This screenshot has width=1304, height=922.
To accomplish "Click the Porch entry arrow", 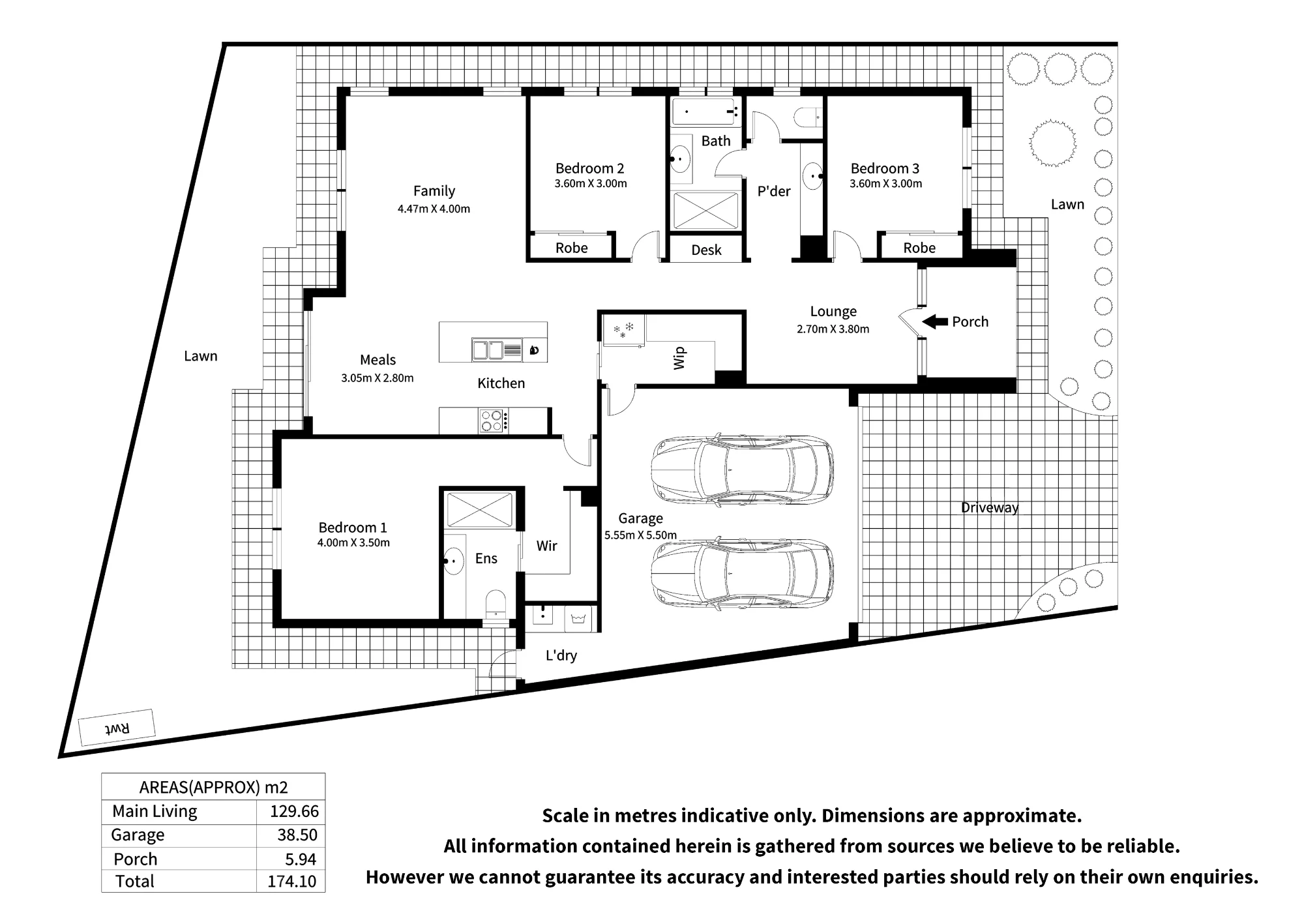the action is [935, 321].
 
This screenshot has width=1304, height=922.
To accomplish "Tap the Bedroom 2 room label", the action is [589, 168].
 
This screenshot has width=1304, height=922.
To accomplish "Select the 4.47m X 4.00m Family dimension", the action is [434, 209].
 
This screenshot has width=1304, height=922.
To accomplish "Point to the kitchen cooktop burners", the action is [492, 421].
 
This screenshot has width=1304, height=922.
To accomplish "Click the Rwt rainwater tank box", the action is [117, 728].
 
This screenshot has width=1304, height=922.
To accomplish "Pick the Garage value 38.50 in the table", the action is [297, 835].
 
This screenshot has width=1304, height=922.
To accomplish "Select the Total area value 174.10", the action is [291, 882].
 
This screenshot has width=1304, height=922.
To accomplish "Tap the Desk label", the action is [706, 250].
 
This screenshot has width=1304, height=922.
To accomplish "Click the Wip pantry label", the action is [679, 358].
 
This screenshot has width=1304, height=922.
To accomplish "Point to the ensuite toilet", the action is [496, 603].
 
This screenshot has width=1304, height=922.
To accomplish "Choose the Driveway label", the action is [990, 507].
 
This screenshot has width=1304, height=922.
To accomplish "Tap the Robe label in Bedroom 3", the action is [919, 248].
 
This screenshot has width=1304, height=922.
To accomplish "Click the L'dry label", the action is [561, 655].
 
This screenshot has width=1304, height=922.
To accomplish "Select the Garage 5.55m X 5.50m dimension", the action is [640, 535].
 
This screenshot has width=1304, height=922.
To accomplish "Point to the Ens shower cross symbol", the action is [479, 510].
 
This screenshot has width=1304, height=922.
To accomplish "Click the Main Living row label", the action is [155, 811].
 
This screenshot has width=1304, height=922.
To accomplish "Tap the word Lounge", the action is [833, 312].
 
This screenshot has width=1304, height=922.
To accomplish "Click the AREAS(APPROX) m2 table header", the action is [213, 788].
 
